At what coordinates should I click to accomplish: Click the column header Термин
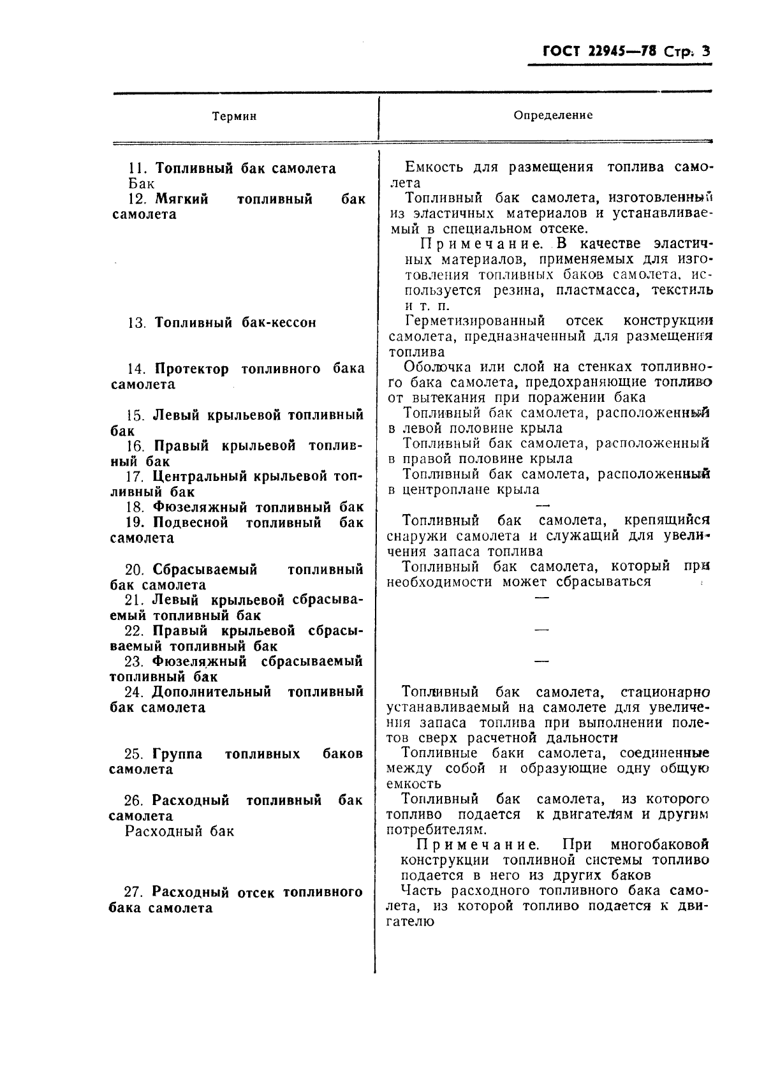[234, 116]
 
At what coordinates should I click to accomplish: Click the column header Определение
[553, 115]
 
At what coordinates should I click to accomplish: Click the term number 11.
[138, 169]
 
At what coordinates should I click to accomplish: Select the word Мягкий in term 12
[182, 200]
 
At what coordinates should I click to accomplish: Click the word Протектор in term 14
[192, 369]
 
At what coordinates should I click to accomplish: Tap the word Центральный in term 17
[203, 476]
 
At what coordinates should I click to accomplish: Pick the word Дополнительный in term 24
[212, 692]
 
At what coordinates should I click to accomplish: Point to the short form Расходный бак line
[180, 831]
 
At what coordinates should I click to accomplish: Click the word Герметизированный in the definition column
[474, 320]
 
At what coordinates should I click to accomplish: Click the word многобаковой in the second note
[659, 845]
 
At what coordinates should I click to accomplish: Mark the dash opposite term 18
[542, 504]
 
